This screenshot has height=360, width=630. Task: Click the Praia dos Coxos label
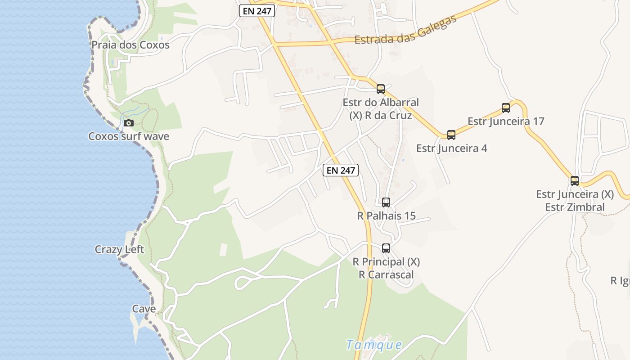tap(130, 45)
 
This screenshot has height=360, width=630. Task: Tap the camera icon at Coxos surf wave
tap(129, 123)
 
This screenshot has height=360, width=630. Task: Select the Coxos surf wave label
tap(129, 136)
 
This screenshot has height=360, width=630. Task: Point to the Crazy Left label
tap(119, 249)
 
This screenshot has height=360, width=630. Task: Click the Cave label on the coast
tap(144, 309)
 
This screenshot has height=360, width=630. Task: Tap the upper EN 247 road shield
tap(257, 11)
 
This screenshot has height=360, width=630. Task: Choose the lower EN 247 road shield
tap(341, 170)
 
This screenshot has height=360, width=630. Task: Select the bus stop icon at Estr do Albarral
tap(381, 89)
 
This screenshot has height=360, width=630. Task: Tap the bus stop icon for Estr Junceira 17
tap(506, 108)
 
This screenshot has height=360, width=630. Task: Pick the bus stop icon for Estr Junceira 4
tap(451, 135)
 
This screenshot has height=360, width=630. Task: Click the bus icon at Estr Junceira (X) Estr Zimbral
tap(575, 181)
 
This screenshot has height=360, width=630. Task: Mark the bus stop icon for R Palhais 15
tap(386, 202)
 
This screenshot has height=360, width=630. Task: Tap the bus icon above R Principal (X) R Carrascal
tap(386, 248)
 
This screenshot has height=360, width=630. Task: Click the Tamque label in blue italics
tap(374, 345)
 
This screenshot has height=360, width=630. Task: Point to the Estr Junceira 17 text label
tap(506, 121)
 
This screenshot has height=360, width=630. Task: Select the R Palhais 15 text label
tap(386, 216)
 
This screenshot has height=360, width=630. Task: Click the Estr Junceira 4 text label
tap(451, 148)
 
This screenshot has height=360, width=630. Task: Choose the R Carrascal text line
tap(386, 274)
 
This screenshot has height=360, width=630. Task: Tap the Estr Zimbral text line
tap(575, 207)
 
